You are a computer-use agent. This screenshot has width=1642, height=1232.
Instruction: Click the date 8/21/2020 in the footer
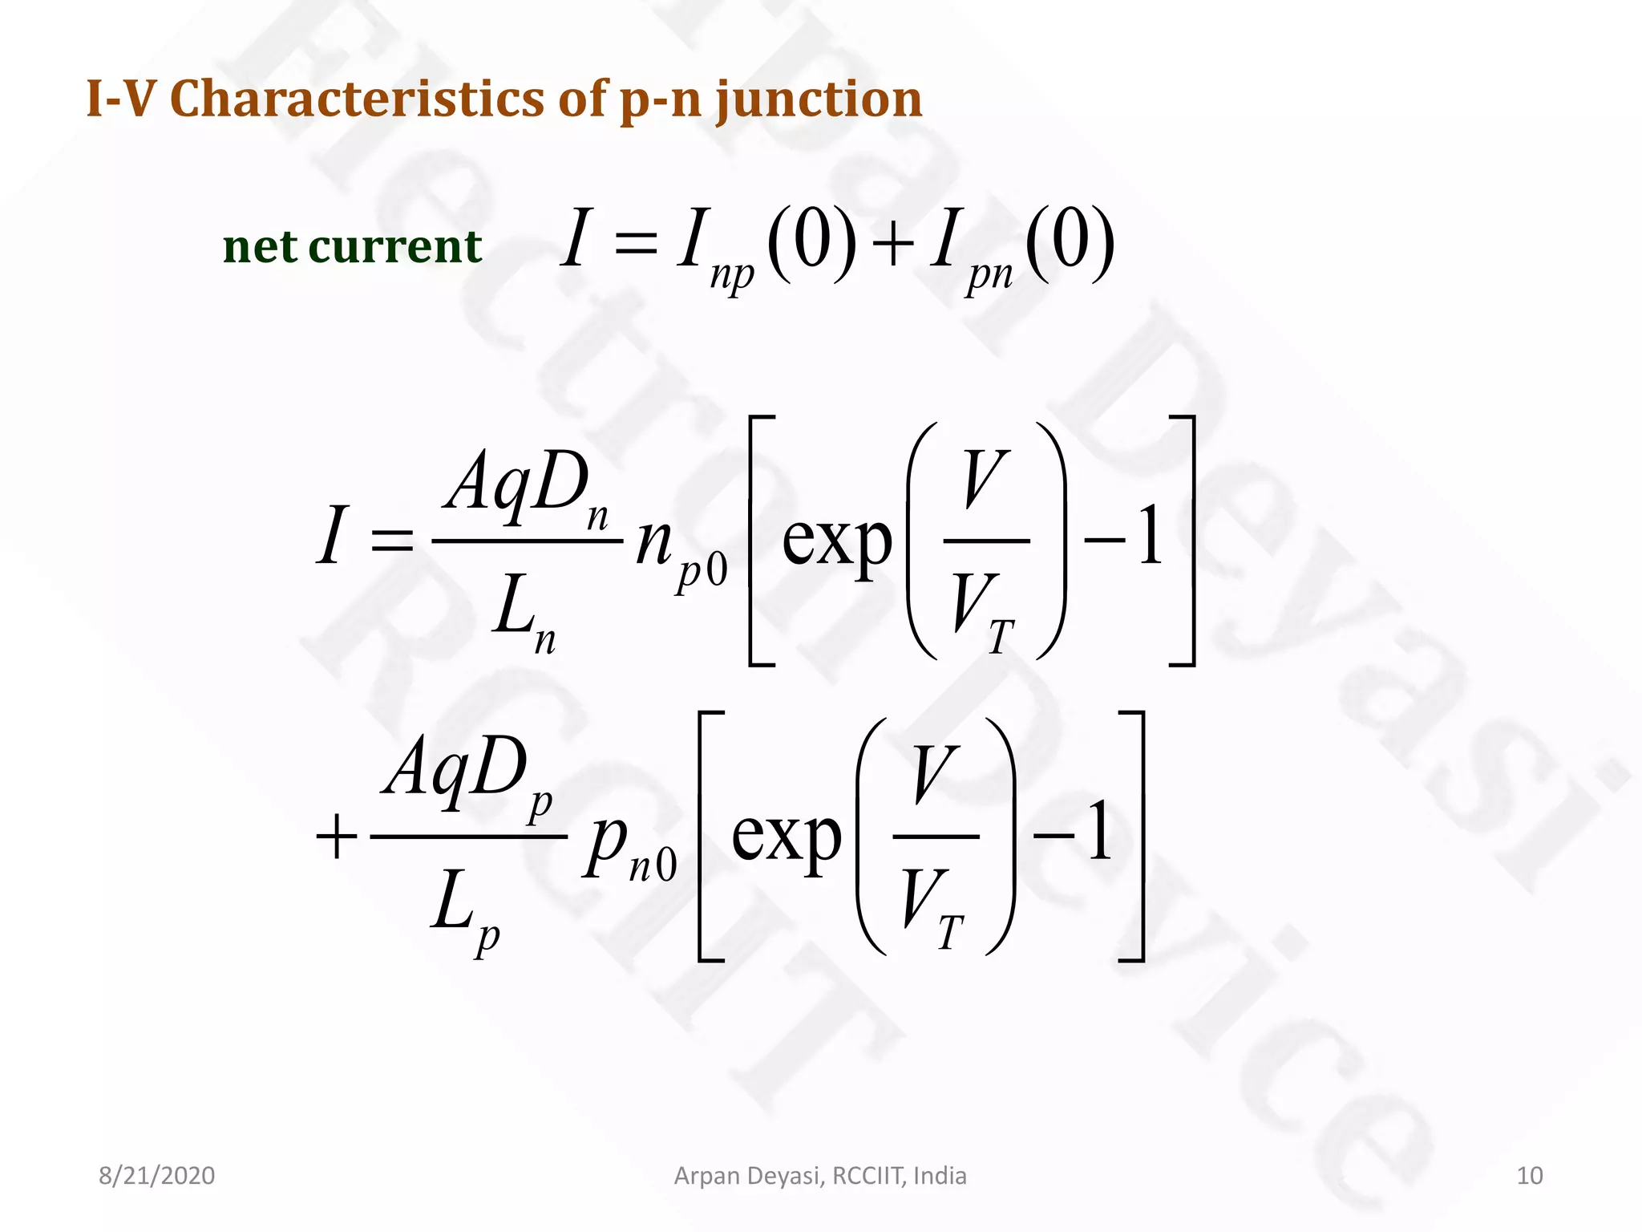[x=156, y=1176]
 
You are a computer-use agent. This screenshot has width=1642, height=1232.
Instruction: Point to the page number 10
[x=1530, y=1176]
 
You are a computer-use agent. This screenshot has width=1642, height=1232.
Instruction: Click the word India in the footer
[x=940, y=1176]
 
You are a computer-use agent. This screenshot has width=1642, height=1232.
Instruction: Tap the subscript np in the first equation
[x=731, y=274]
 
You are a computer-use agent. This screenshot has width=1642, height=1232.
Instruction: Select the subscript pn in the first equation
[x=989, y=274]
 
